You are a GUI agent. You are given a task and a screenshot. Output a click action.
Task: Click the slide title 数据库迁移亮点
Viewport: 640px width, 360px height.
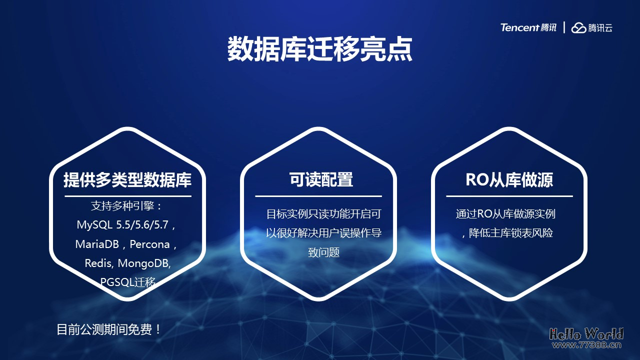(x=320, y=49)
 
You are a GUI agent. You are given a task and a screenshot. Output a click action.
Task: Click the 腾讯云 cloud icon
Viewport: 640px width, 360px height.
(x=579, y=28)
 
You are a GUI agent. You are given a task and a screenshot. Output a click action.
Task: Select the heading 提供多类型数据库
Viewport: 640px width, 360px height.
(x=127, y=180)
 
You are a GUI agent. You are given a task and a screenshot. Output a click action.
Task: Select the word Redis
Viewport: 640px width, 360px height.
(x=97, y=263)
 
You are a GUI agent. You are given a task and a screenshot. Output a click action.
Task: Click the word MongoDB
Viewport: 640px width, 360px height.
(x=144, y=263)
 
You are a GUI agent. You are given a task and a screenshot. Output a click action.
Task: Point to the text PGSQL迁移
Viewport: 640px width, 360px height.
(x=128, y=282)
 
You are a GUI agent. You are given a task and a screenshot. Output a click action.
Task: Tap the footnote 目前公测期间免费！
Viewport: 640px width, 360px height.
(x=109, y=330)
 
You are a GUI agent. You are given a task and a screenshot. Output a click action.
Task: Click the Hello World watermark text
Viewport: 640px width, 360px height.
(x=586, y=333)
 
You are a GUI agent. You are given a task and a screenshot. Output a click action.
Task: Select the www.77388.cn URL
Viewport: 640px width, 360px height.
(x=586, y=344)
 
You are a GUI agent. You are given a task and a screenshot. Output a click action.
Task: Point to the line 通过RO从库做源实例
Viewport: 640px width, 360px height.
(x=505, y=214)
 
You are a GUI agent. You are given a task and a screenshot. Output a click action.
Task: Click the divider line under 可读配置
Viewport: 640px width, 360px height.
(x=318, y=196)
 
